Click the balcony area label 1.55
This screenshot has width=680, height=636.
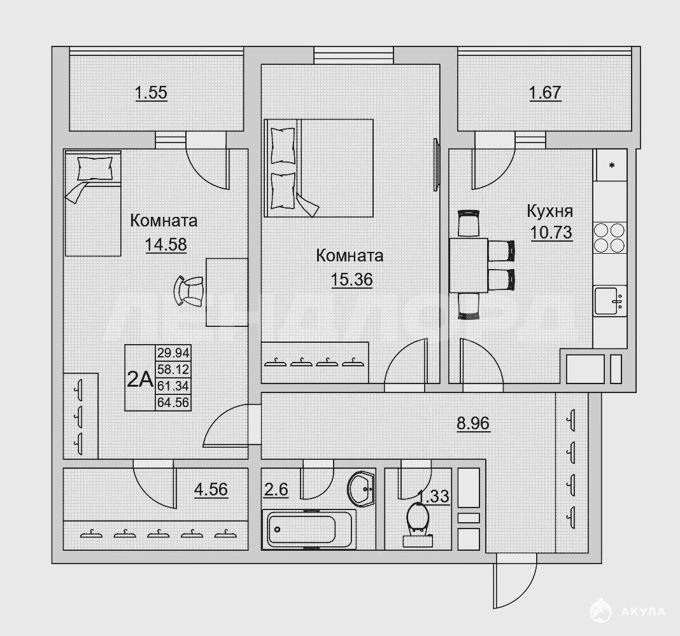[151, 93]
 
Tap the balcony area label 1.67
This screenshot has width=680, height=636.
[545, 93]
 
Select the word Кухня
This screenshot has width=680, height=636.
[550, 211]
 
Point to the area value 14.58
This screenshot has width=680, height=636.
[166, 245]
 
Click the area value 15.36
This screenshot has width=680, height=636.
[351, 280]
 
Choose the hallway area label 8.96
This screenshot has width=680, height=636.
[473, 423]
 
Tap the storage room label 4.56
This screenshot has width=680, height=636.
[211, 490]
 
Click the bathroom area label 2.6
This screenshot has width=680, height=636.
[276, 490]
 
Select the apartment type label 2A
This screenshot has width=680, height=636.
[140, 380]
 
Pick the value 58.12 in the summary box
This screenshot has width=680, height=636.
[173, 369]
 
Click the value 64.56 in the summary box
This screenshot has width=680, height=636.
[173, 403]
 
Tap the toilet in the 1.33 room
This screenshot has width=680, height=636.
[418, 525]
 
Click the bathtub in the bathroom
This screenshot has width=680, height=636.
[309, 529]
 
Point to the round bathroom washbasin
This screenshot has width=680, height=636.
[361, 489]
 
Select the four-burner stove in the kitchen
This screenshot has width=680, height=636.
[610, 237]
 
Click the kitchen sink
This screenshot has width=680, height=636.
[610, 301]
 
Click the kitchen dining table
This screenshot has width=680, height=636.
[469, 265]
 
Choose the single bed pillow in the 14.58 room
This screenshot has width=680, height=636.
[94, 169]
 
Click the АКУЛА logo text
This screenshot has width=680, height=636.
[642, 612]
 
